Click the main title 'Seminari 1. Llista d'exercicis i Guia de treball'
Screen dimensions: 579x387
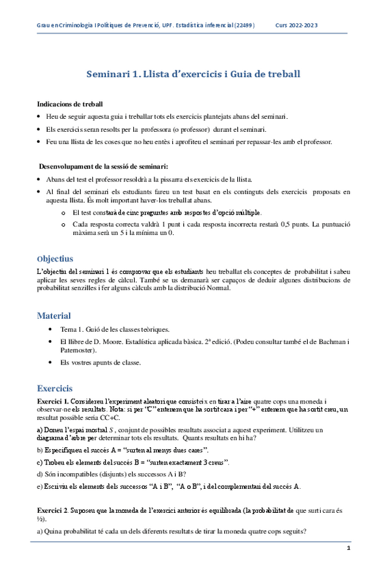[x=193, y=73]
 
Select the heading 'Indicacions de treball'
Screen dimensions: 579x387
[x=70, y=104]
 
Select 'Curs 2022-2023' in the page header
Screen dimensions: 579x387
[x=297, y=25]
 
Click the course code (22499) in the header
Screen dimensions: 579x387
[x=243, y=25]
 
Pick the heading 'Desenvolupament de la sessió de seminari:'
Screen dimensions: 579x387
[x=103, y=166]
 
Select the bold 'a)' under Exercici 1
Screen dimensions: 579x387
[x=40, y=429]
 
